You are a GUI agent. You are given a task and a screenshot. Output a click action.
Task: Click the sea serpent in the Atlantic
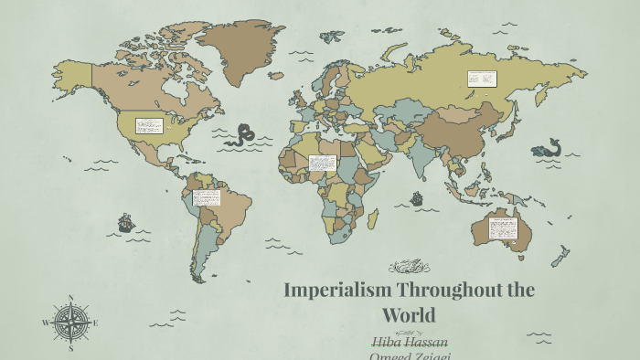click(x=244, y=136)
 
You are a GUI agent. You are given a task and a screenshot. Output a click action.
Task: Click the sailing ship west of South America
click(x=126, y=222)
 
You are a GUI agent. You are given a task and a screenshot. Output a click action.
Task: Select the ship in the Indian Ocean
click(x=417, y=198)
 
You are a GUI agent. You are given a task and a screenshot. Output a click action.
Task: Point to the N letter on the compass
click(x=70, y=298)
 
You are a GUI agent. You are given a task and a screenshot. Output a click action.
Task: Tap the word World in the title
click(x=409, y=315)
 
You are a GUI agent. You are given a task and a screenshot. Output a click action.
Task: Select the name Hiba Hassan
click(x=410, y=341)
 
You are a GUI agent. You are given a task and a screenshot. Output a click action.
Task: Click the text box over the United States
click(x=148, y=126)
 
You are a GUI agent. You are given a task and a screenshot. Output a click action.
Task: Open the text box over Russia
click(x=481, y=79)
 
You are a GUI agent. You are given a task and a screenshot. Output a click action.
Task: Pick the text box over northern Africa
click(x=322, y=163)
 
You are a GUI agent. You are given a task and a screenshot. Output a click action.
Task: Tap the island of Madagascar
click(x=372, y=219)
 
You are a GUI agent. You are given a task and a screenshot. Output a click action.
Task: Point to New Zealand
click(x=560, y=257)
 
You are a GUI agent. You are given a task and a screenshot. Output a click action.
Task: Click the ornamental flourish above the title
click(x=409, y=267)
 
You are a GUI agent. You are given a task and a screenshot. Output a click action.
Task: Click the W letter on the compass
click(x=45, y=323)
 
